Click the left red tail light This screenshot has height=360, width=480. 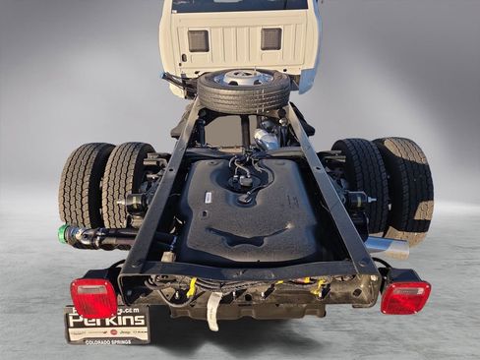93,297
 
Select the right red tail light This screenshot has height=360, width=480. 404,296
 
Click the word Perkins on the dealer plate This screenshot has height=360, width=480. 107,321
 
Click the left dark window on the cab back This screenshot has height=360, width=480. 198,40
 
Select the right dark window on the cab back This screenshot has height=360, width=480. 270,38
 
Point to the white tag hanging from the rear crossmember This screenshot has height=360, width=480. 213,312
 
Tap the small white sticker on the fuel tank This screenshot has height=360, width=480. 209,197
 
